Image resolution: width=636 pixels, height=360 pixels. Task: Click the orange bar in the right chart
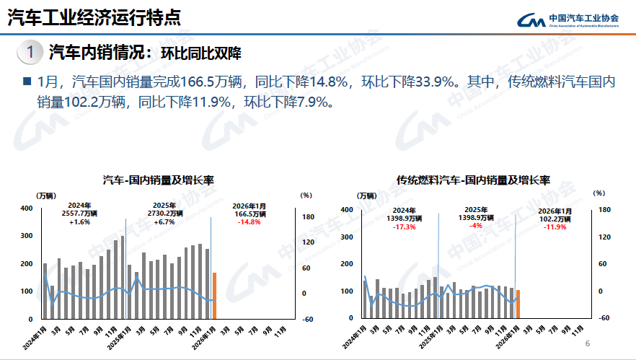pyautogui.click(x=518, y=304)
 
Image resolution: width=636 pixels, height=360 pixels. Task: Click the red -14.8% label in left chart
pyautogui.click(x=249, y=222)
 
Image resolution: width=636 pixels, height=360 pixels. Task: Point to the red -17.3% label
pyautogui.click(x=404, y=227)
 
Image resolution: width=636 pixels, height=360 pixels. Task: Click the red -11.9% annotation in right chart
pyautogui.click(x=555, y=227)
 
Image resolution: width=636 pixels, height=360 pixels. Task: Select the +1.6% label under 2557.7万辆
pyautogui.click(x=79, y=222)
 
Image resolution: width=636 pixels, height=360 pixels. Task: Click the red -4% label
pyautogui.click(x=476, y=226)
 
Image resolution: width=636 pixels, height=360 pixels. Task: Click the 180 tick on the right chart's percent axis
pyautogui.click(x=604, y=210)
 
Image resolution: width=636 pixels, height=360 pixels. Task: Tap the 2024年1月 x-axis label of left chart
pyautogui.click(x=35, y=337)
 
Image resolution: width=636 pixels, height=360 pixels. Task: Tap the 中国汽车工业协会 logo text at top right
pyautogui.click(x=584, y=17)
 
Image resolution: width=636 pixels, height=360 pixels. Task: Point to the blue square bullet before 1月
pyautogui.click(x=27, y=82)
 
